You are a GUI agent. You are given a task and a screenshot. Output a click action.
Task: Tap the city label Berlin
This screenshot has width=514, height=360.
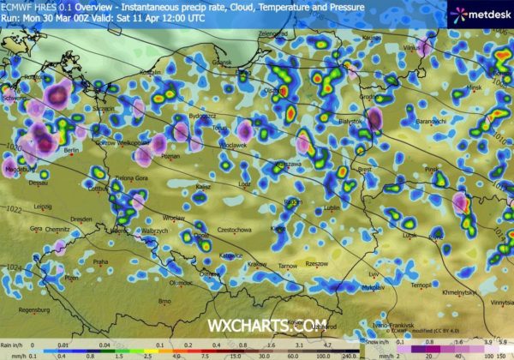(x=71, y=150)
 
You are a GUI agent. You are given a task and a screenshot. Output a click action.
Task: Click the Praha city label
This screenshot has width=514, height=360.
(x=101, y=261)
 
